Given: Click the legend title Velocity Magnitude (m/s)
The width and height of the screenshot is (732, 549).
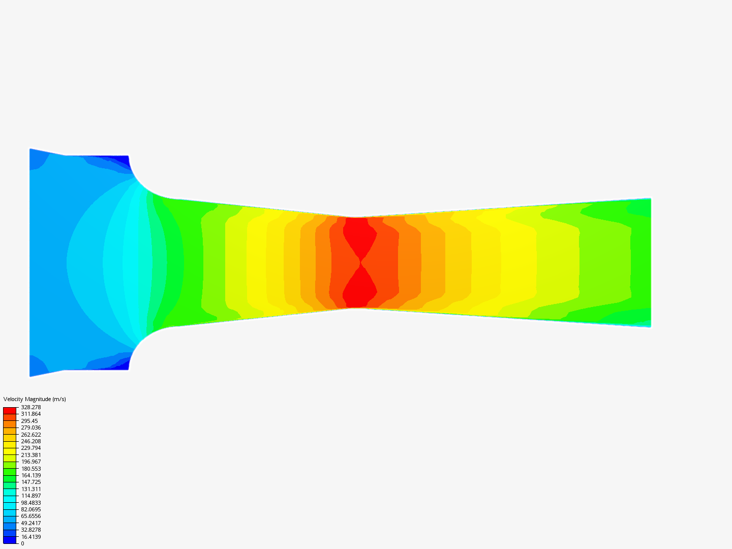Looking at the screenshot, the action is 35,399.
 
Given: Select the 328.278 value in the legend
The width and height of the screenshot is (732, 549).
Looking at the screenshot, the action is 30,407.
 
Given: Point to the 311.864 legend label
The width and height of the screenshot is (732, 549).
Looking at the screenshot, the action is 30,414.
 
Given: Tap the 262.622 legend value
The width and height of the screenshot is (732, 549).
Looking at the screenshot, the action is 30,435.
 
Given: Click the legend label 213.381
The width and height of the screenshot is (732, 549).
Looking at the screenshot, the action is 30,455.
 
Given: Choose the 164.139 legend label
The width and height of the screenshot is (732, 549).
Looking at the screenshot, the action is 30,475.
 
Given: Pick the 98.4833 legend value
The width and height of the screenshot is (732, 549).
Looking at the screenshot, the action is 30,503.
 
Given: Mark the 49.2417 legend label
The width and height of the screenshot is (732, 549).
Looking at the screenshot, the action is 30,523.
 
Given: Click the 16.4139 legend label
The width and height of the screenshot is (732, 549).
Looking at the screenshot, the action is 30,537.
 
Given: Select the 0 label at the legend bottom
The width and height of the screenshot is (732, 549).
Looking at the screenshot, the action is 22,544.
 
